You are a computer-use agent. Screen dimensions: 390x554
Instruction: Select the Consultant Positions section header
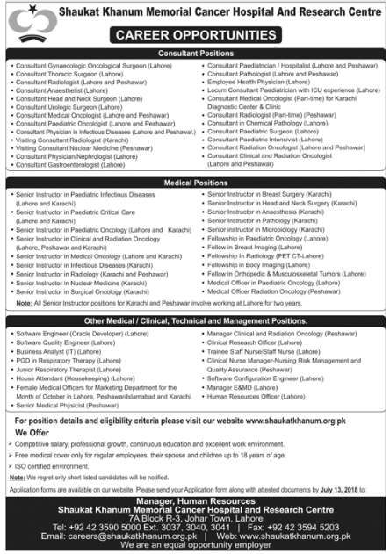(195, 54)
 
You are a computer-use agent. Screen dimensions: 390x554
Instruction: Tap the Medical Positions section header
(195, 182)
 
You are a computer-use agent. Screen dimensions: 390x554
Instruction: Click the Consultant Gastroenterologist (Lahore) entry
(69, 164)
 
